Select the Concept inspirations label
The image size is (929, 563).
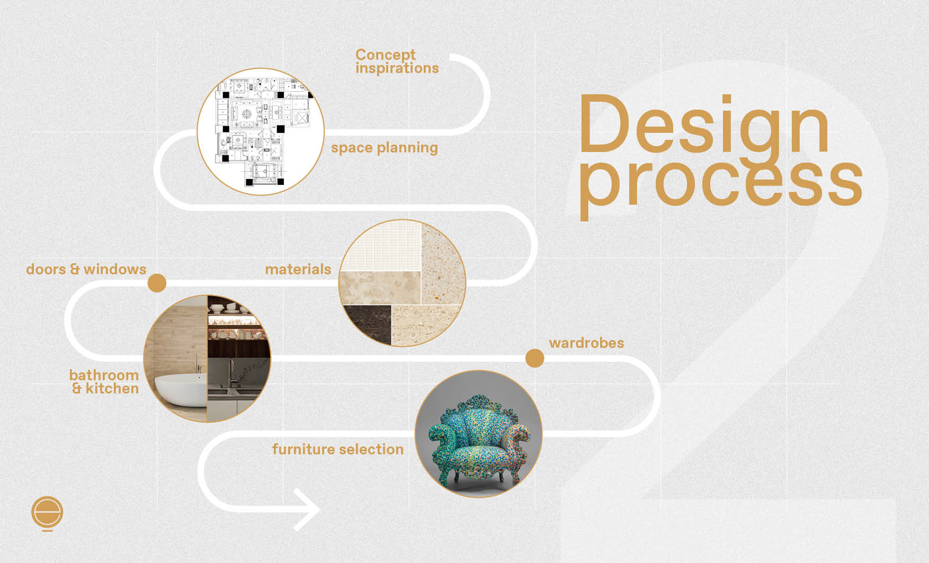(397, 61)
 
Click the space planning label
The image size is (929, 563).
(385, 148)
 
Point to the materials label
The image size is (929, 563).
(298, 270)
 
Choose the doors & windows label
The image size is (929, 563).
(86, 270)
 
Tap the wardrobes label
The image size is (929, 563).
(586, 343)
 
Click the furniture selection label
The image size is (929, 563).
(337, 450)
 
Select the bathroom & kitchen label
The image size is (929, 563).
(105, 382)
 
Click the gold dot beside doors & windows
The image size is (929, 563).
(157, 283)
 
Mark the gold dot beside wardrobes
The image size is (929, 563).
(534, 359)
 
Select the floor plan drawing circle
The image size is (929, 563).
(260, 131)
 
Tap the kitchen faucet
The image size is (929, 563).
(231, 371)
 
